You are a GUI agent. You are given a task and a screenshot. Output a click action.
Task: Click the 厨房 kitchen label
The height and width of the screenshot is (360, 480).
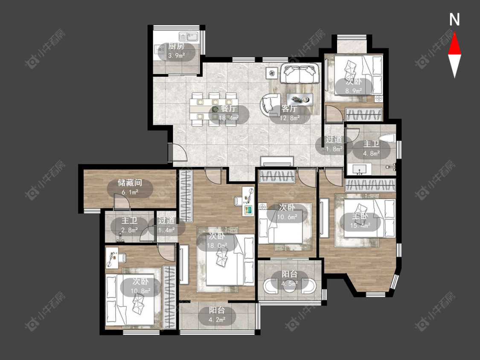click(176, 47)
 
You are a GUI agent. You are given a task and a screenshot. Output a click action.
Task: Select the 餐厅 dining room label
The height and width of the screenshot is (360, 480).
click(228, 109)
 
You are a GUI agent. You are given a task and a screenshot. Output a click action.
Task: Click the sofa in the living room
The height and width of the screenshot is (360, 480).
click(300, 73)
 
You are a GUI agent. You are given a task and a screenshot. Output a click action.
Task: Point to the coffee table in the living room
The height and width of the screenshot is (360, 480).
click(300, 99)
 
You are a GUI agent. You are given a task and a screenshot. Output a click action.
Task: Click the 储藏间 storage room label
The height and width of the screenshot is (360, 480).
click(130, 183)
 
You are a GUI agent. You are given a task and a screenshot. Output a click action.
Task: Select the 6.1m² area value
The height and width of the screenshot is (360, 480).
click(130, 192)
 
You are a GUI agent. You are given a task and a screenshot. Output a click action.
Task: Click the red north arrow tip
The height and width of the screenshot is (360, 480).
click(454, 32)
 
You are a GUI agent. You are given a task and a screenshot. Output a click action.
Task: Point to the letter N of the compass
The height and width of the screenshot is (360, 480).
click(454, 20)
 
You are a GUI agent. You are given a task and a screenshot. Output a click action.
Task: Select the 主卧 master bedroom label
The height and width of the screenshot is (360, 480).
click(360, 217)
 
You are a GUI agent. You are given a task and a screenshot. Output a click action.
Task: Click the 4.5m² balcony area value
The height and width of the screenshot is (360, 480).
click(289, 284)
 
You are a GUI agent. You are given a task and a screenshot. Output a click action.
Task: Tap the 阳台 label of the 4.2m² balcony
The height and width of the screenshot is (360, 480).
click(217, 311)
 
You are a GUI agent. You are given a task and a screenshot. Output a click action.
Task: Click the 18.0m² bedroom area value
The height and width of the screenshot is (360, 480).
click(217, 245)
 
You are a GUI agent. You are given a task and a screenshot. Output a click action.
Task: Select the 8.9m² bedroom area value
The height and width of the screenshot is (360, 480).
click(354, 90)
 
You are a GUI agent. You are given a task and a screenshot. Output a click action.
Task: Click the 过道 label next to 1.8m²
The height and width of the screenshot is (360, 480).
click(334, 139)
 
